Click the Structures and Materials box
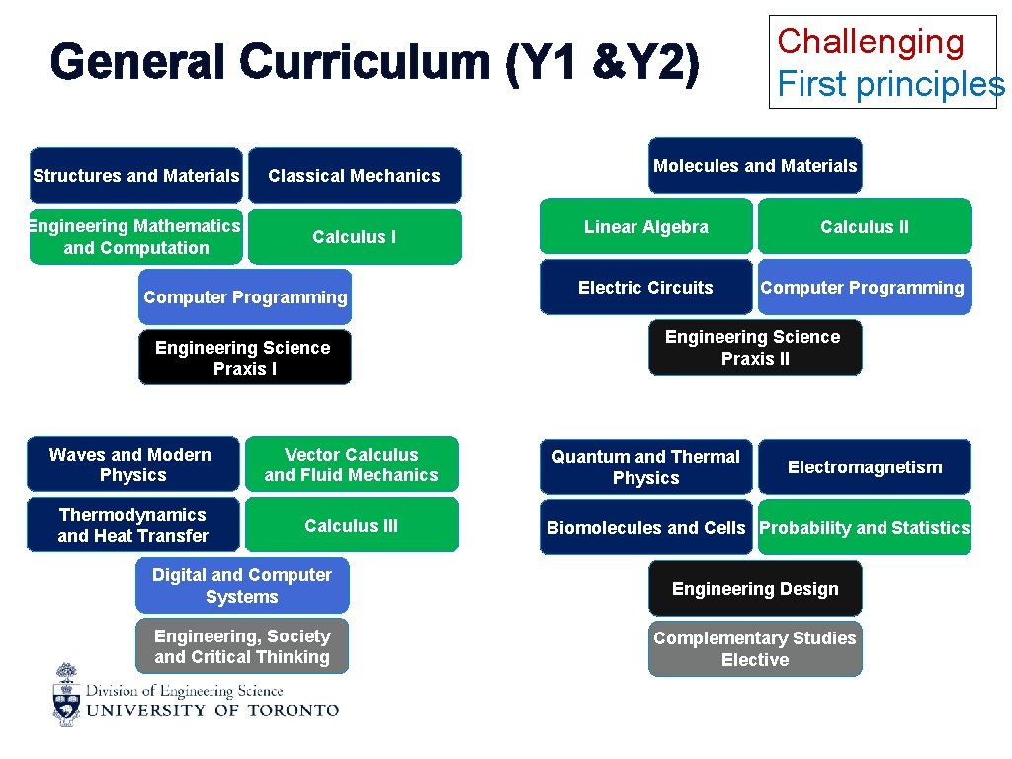pyautogui.click(x=135, y=176)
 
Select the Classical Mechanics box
pyautogui.click(x=354, y=176)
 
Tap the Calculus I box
pyautogui.click(x=354, y=237)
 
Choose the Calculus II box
pyautogui.click(x=865, y=227)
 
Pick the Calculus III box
pyautogui.click(x=351, y=526)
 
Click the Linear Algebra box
pyautogui.click(x=645, y=227)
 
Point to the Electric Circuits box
pyautogui.click(x=645, y=288)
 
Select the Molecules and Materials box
pyautogui.click(x=755, y=166)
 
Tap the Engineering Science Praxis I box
pyautogui.click(x=244, y=358)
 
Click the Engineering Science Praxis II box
pyautogui.click(x=754, y=348)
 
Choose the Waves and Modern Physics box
pyautogui.click(x=132, y=464)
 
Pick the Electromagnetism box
pyautogui.click(x=865, y=467)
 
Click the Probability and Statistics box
pyautogui.click(x=865, y=528)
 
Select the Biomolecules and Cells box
pyautogui.click(x=645, y=528)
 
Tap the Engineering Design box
pyautogui.click(x=755, y=589)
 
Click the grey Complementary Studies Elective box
pyautogui.click(x=755, y=649)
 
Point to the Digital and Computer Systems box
pyautogui.click(x=242, y=586)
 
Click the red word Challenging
pyautogui.click(x=871, y=42)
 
